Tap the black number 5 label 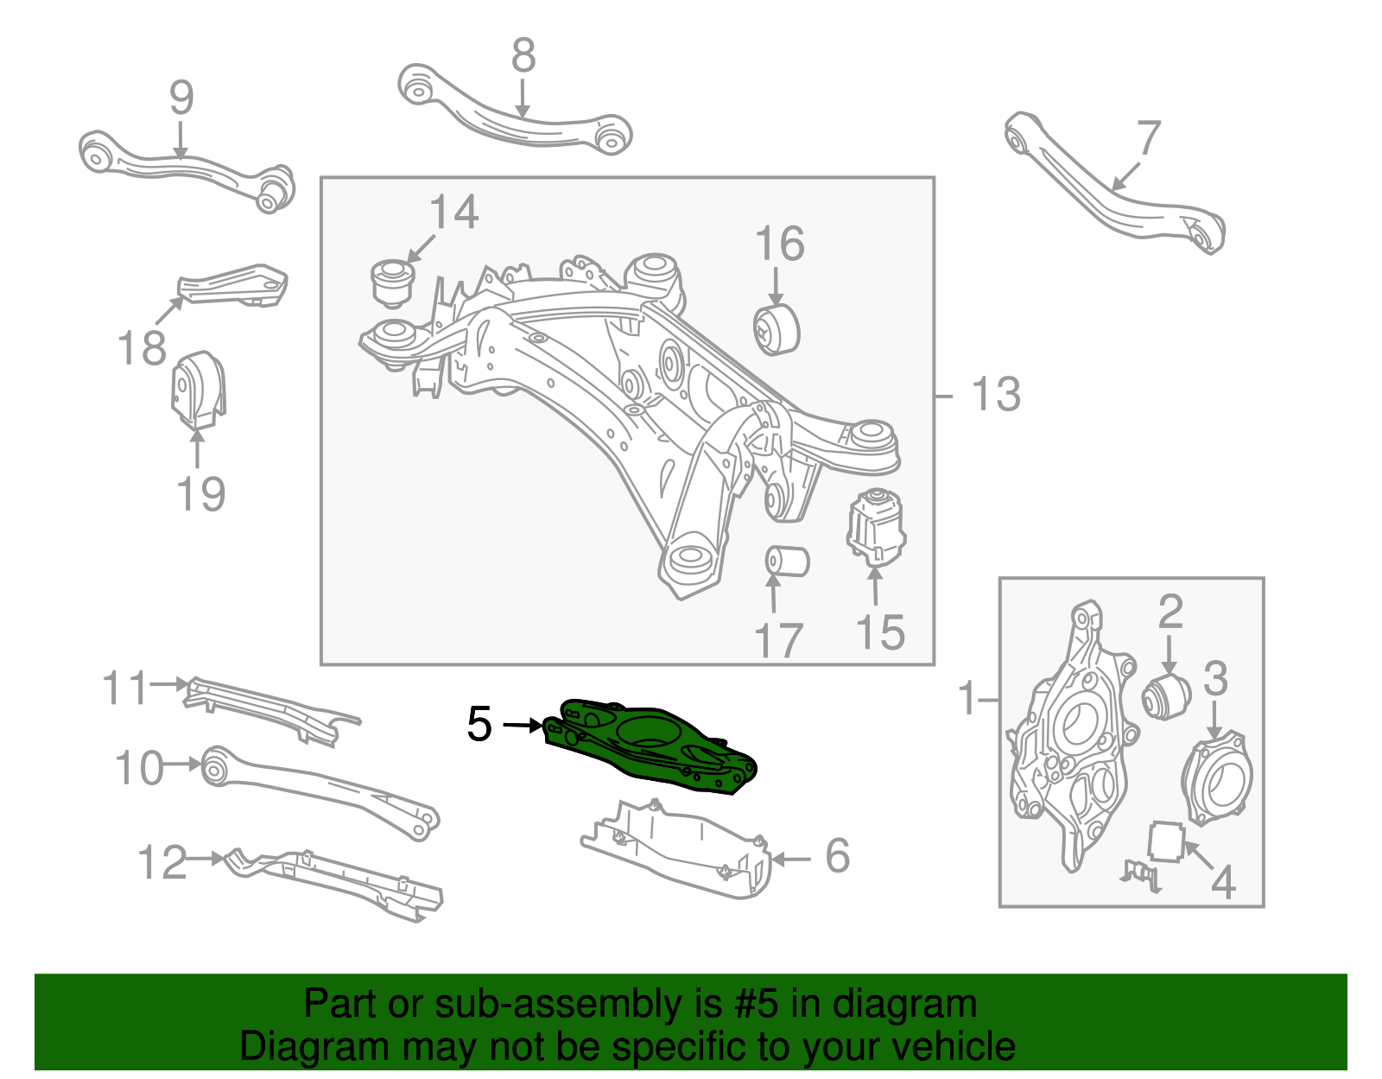coord(479,724)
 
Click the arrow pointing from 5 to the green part coord(523,726)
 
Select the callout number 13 coord(996,395)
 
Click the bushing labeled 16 coord(777,328)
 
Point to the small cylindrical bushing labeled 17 coord(786,561)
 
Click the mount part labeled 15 coord(876,527)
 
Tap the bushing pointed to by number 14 coord(392,282)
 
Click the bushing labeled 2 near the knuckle coord(1166,696)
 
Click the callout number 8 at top coord(523,56)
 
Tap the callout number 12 coord(162,862)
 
